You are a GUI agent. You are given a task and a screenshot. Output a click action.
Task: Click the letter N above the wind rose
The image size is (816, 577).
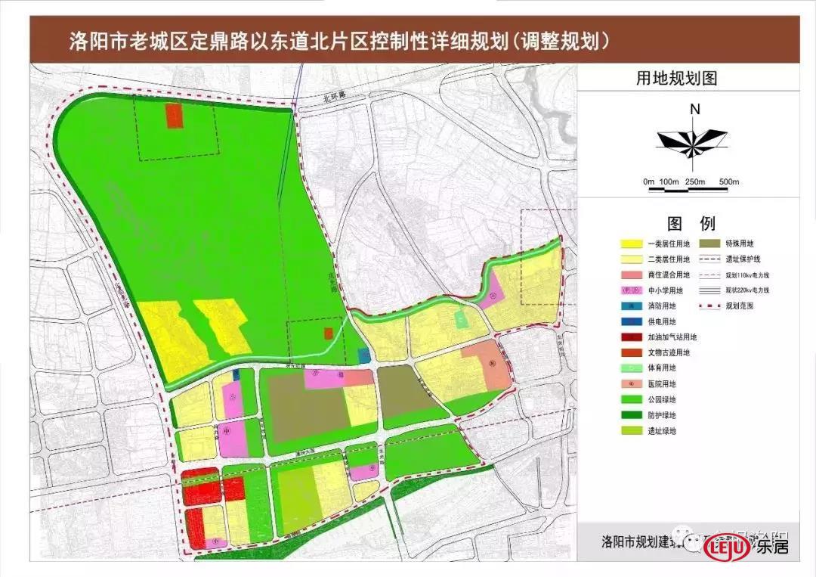pyautogui.click(x=695, y=109)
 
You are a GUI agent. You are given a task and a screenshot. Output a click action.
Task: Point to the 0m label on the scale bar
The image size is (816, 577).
pyautogui.click(x=648, y=182)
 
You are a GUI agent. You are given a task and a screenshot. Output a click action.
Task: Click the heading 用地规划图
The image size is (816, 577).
pyautogui.click(x=687, y=79)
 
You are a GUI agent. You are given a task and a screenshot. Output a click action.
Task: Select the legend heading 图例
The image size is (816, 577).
pyautogui.click(x=691, y=223)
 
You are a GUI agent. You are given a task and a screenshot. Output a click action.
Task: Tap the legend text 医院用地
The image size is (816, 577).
pyautogui.click(x=663, y=384)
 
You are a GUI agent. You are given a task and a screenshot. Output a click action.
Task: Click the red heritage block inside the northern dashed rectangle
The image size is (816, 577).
pyautogui.click(x=175, y=117)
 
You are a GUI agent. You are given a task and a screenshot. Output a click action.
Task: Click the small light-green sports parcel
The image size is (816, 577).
pyautogui.click(x=460, y=320)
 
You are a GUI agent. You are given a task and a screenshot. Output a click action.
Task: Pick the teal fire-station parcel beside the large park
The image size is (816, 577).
pyautogui.click(x=364, y=355)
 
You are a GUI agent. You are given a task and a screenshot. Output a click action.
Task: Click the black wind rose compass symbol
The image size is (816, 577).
pyautogui.click(x=692, y=141)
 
